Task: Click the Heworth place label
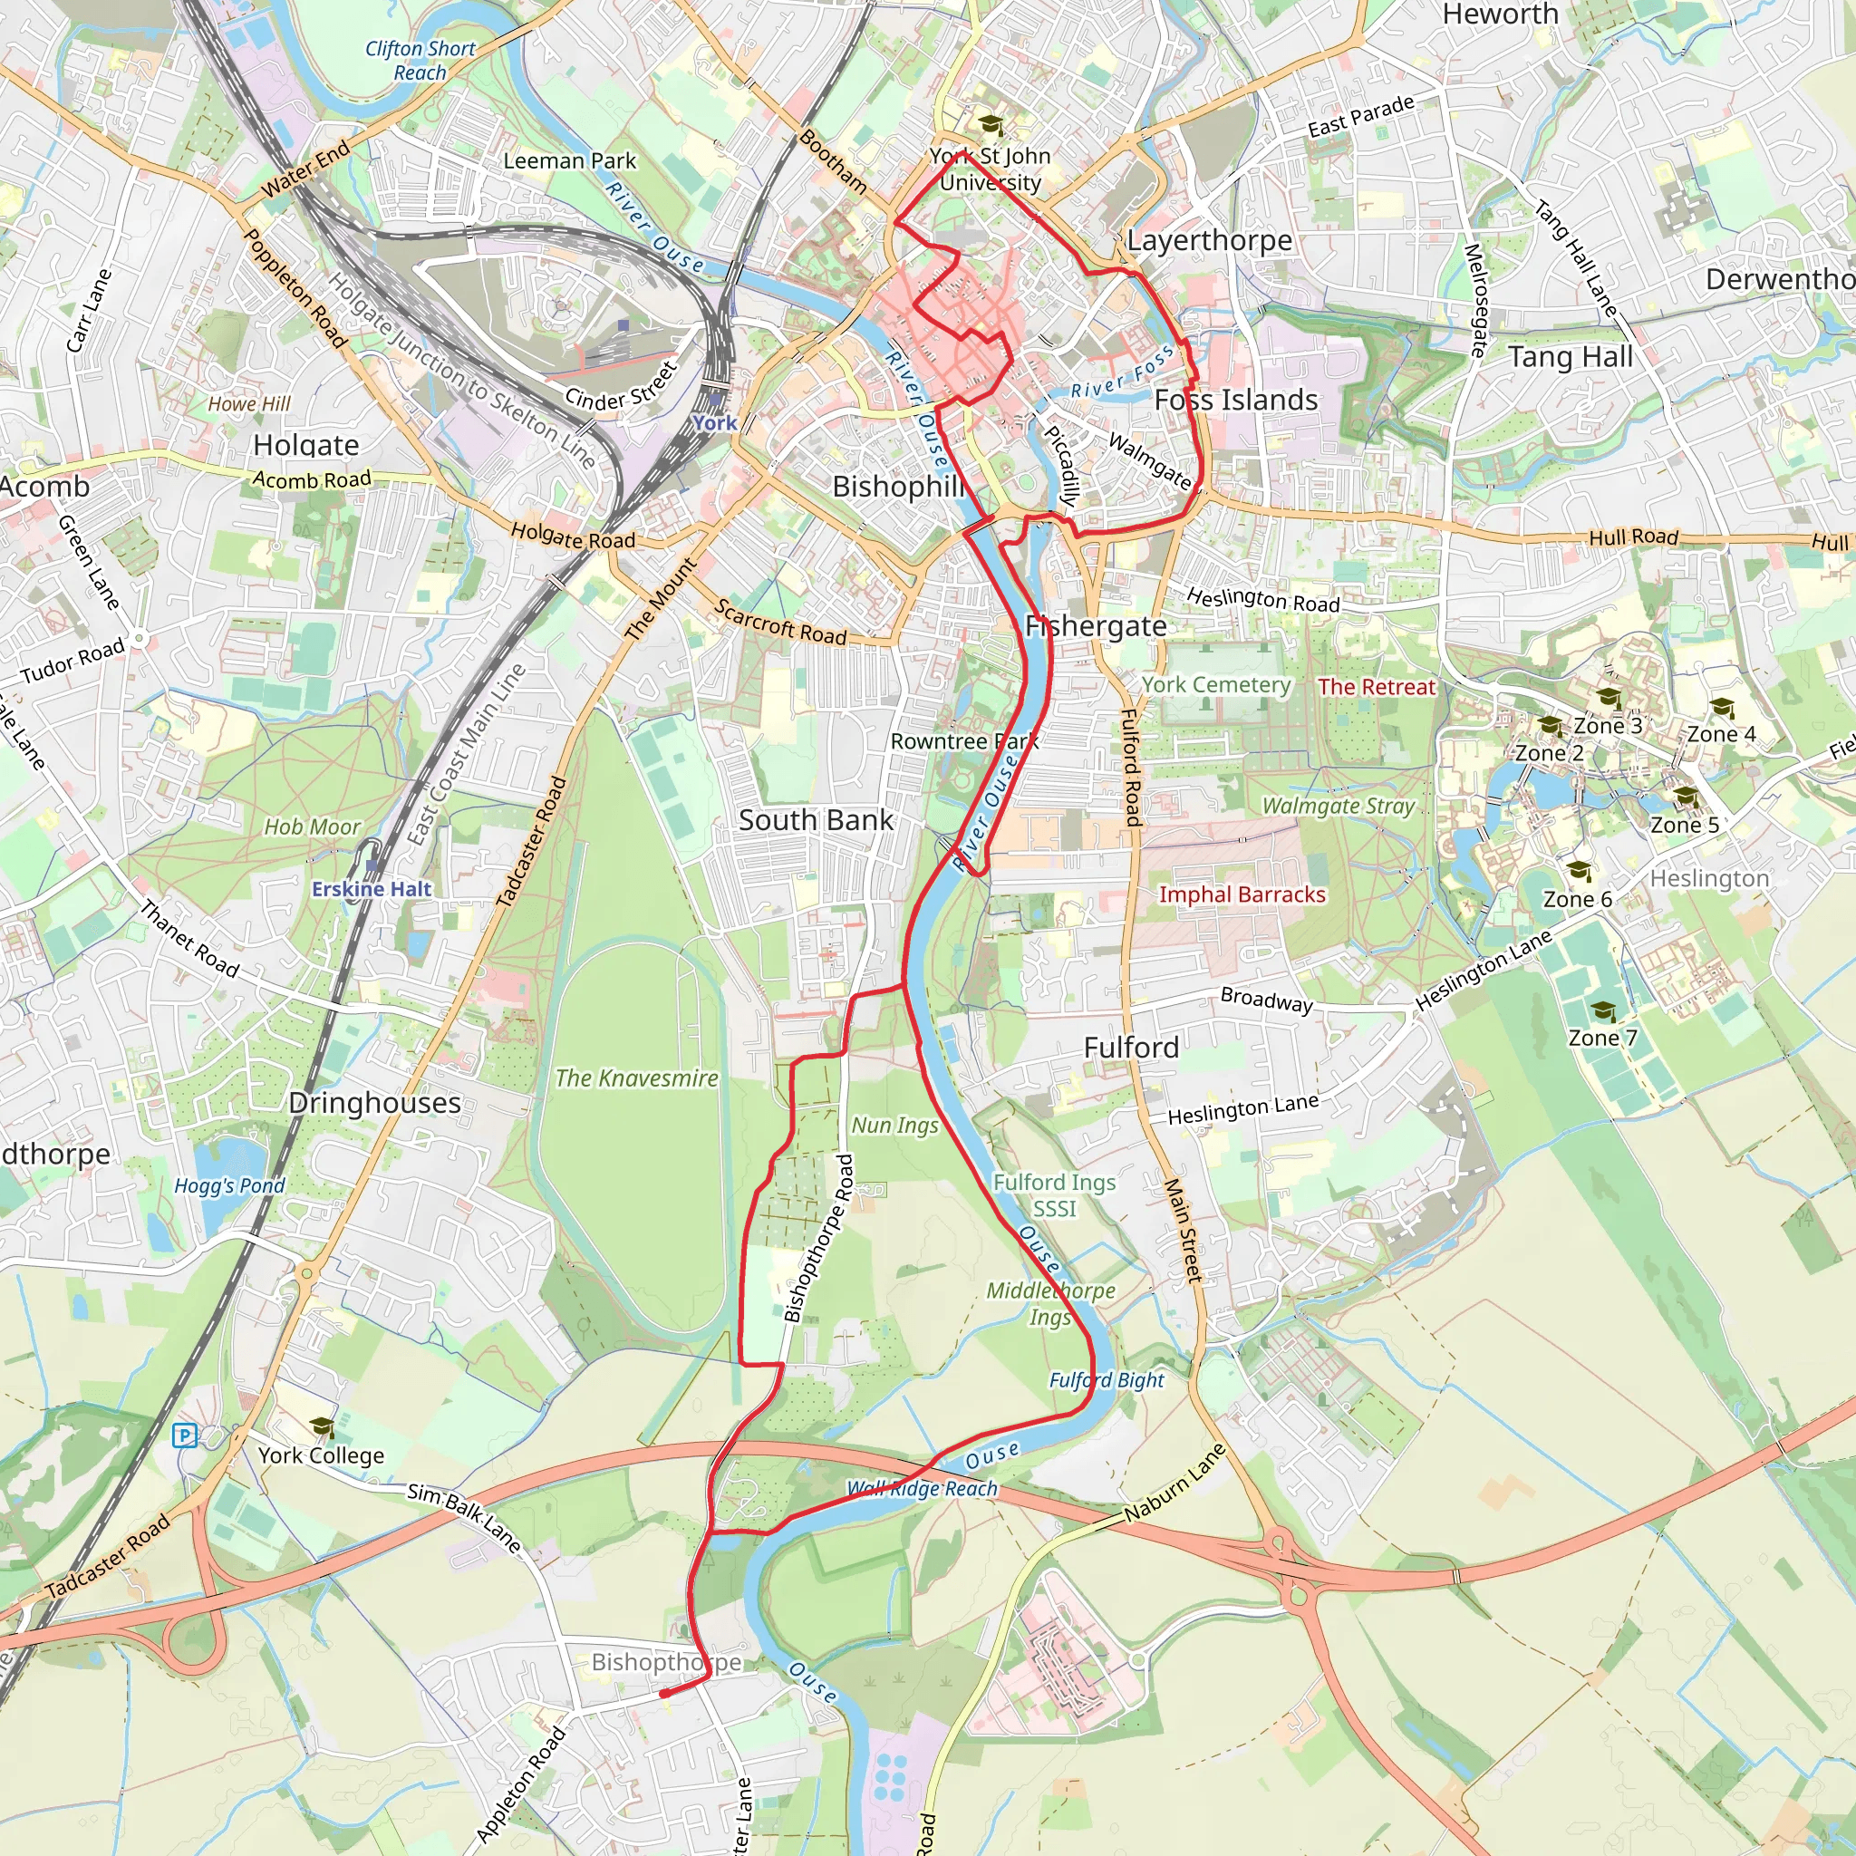[x=1501, y=14]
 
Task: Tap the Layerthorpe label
[x=1210, y=240]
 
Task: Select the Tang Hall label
[x=1570, y=357]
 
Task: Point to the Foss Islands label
[x=1236, y=400]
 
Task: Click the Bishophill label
[x=898, y=487]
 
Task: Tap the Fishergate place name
[x=1097, y=626]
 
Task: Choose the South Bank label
[x=816, y=820]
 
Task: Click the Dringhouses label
[x=374, y=1103]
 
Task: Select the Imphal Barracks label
[x=1242, y=894]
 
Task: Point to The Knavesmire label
[x=636, y=1078]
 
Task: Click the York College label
[x=321, y=1455]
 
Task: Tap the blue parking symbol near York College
[x=183, y=1436]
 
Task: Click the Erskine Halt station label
[x=372, y=890]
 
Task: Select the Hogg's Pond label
[x=229, y=1186]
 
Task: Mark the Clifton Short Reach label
[x=420, y=61]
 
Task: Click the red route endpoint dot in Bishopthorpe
[x=663, y=1694]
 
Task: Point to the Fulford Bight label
[x=1106, y=1380]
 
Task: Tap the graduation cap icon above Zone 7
[x=1602, y=1010]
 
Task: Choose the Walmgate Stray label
[x=1339, y=806]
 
